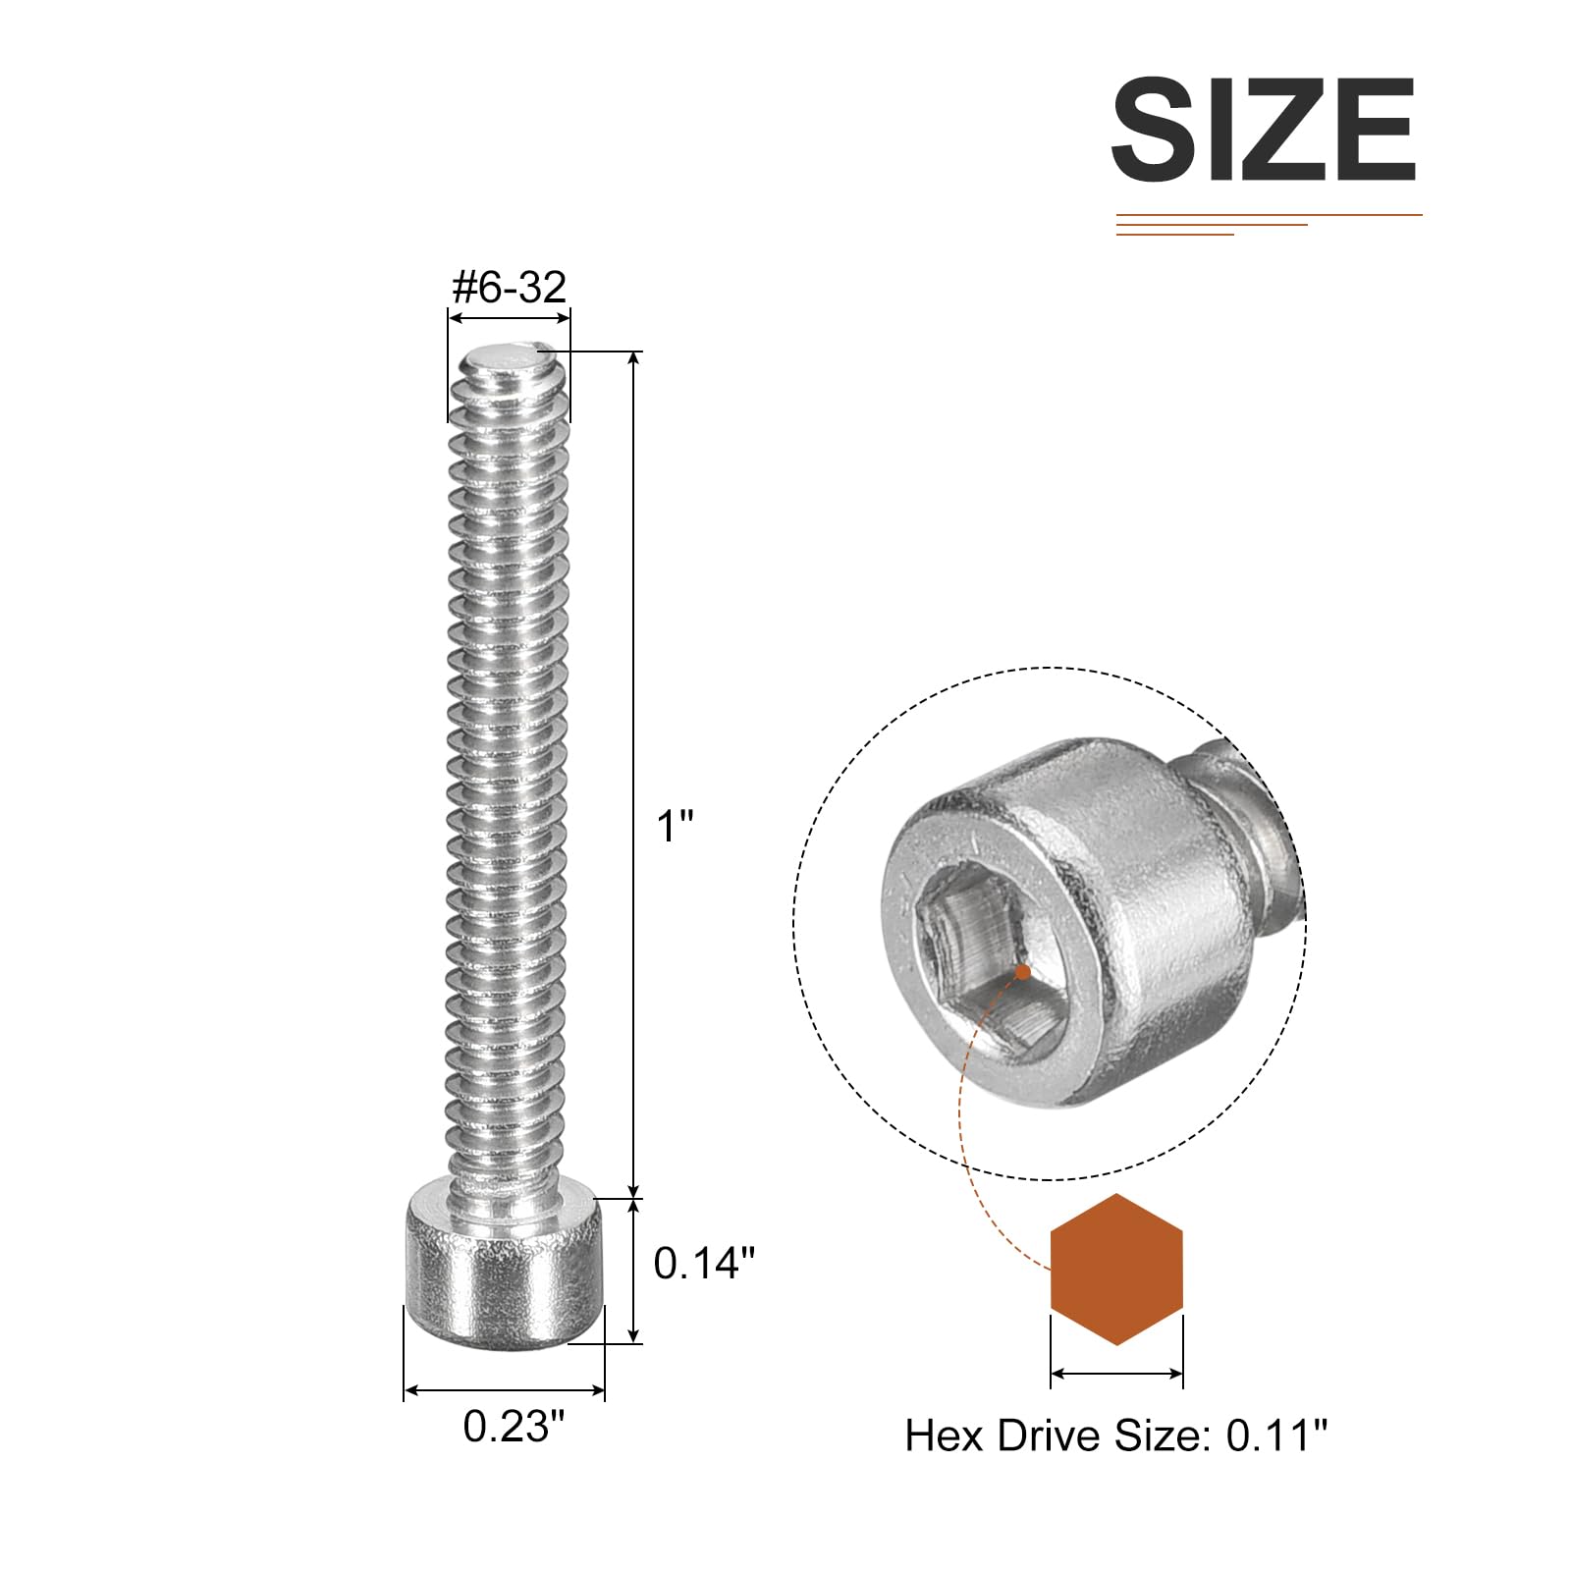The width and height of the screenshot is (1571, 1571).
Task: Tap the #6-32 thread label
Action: (x=509, y=287)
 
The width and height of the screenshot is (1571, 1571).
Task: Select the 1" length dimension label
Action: (x=675, y=826)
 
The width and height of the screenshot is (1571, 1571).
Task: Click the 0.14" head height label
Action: (x=704, y=1263)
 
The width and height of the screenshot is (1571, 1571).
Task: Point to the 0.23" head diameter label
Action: (x=515, y=1426)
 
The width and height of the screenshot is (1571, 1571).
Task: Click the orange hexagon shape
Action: (x=1116, y=1270)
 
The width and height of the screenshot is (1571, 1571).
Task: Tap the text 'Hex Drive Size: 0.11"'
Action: (x=1115, y=1436)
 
